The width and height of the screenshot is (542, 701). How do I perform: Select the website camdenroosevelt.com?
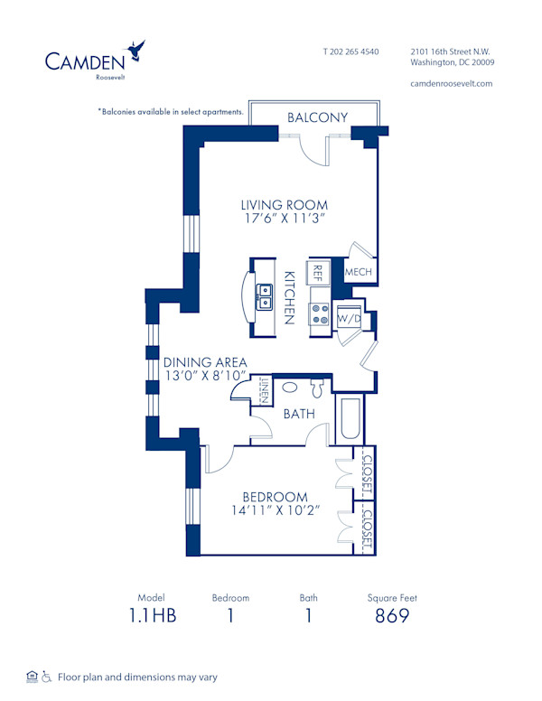(x=451, y=83)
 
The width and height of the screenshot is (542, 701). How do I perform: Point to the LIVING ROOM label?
(x=284, y=205)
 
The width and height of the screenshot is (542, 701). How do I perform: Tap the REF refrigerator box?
(x=318, y=271)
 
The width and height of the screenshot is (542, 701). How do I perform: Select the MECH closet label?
(x=358, y=271)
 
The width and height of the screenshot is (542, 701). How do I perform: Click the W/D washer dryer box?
(x=348, y=318)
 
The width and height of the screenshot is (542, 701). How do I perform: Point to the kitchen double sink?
(x=264, y=297)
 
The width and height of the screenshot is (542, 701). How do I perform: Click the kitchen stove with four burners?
(x=321, y=314)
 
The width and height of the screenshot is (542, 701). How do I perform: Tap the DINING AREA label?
(x=205, y=363)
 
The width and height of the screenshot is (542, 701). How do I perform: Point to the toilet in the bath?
(x=317, y=388)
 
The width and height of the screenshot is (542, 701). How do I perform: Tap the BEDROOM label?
(x=275, y=497)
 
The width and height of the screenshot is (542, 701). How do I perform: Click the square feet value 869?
(x=392, y=616)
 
